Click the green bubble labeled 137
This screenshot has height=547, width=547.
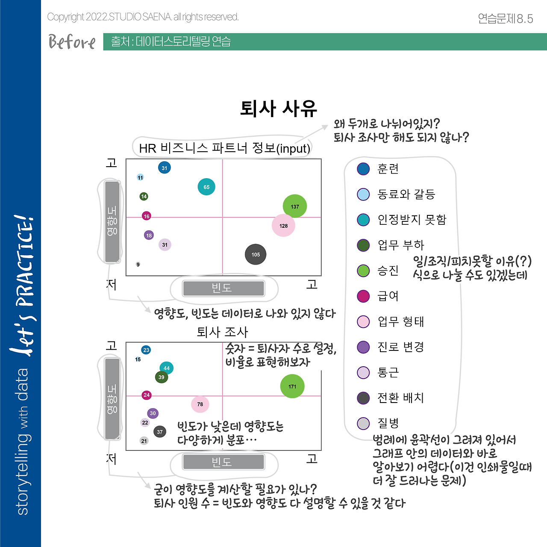coord(295,206)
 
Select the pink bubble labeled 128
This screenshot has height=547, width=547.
coord(283,225)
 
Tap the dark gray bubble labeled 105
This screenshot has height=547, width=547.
coord(256,254)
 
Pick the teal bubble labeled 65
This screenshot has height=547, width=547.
coord(206,187)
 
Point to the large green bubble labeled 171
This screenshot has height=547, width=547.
coord(292,386)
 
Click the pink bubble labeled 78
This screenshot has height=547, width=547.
coord(200,404)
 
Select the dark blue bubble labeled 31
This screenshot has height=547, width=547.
coord(165,168)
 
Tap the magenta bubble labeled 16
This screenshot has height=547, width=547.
coord(147,216)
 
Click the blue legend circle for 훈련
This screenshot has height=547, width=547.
coord(363,169)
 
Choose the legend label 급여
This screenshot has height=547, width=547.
coord(388,296)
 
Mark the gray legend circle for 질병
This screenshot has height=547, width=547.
coord(363,423)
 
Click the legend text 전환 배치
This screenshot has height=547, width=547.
coord(400,398)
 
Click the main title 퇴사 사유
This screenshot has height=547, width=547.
coord(279,108)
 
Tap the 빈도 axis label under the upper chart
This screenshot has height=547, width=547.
coord(224,288)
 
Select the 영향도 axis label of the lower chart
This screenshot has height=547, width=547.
coord(112,399)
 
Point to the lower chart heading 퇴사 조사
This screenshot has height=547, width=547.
coord(222,332)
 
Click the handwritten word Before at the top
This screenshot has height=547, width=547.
coord(72,42)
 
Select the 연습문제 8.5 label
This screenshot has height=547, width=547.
coord(505,18)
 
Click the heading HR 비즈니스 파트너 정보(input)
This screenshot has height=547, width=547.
coord(224,148)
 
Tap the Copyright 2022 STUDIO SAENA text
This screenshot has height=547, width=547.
coord(143,17)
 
